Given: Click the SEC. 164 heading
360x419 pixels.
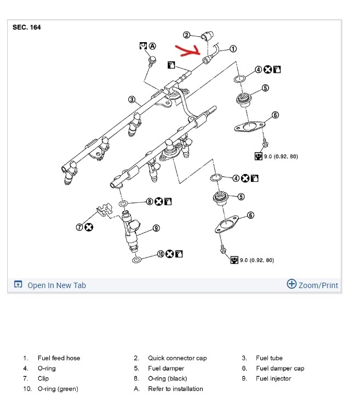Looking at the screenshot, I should pos(26,27).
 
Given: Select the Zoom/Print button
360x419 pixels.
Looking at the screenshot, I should pos(312,285).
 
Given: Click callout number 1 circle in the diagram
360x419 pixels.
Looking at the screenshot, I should pos(233,49).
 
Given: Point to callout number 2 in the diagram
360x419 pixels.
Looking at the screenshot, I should pos(186,36).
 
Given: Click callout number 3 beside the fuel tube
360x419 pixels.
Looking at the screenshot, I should pos(132,100).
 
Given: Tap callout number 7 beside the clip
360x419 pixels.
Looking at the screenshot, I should pos(79,227).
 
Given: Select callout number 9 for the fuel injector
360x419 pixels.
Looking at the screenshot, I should pos(156,228).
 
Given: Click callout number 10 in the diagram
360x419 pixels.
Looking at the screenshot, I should pos(161,254).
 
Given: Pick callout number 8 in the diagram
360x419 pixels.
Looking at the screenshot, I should pos(151,202).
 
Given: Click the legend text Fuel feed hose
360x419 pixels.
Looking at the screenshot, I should pos(59,358).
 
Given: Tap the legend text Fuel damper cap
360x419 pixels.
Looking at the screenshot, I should pos(280,369).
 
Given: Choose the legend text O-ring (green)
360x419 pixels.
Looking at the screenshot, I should pos(58,389).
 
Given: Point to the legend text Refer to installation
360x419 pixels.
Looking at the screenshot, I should pos(175,389).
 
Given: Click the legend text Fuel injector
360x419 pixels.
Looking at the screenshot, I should pos(273,378).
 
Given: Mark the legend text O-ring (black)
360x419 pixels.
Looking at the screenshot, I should pos(167,378).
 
